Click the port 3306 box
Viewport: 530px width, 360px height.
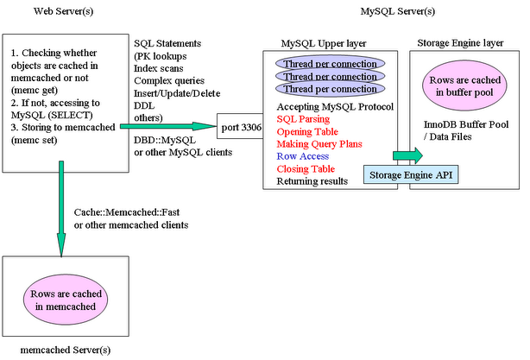click(x=240, y=126)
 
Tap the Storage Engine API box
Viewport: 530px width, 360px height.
click(x=411, y=174)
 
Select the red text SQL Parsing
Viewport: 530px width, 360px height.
click(x=303, y=119)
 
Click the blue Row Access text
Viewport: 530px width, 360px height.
click(x=302, y=156)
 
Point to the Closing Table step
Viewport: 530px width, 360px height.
click(x=306, y=168)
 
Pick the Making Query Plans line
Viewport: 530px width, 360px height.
click(x=319, y=144)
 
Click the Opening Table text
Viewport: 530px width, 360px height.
click(x=307, y=131)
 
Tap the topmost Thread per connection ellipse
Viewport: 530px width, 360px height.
click(x=331, y=64)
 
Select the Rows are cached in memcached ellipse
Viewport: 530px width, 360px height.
click(x=66, y=300)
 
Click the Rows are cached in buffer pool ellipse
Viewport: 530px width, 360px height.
click(x=464, y=85)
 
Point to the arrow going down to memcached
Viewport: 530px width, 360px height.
click(x=61, y=209)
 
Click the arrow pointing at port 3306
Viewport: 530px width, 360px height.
click(x=168, y=126)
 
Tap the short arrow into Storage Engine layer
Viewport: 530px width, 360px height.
click(x=407, y=155)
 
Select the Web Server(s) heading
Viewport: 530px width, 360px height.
click(x=63, y=11)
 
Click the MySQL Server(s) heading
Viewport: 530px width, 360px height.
click(x=397, y=11)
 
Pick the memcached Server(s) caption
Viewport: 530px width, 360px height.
click(x=66, y=350)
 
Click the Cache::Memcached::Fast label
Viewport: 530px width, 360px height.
click(x=127, y=212)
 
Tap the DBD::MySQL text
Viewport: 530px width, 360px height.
click(x=165, y=140)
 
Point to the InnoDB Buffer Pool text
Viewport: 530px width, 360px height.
click(x=466, y=124)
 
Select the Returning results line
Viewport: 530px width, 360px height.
click(x=312, y=181)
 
